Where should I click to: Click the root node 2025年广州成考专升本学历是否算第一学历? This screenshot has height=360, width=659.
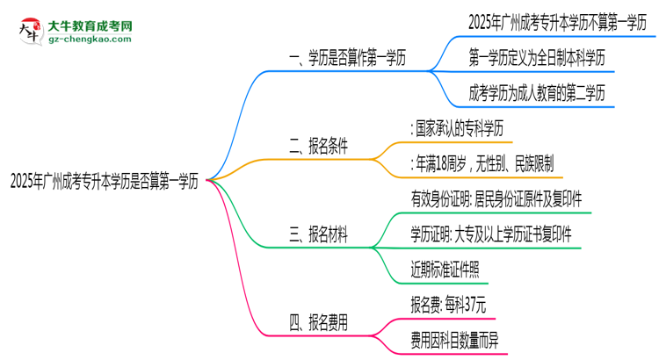(x=105, y=184)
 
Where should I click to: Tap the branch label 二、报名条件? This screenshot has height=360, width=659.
(x=319, y=148)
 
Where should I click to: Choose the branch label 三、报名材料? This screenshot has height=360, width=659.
(x=319, y=236)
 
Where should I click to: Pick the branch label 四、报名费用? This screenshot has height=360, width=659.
(x=318, y=323)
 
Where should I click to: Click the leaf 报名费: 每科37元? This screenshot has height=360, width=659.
(x=447, y=305)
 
